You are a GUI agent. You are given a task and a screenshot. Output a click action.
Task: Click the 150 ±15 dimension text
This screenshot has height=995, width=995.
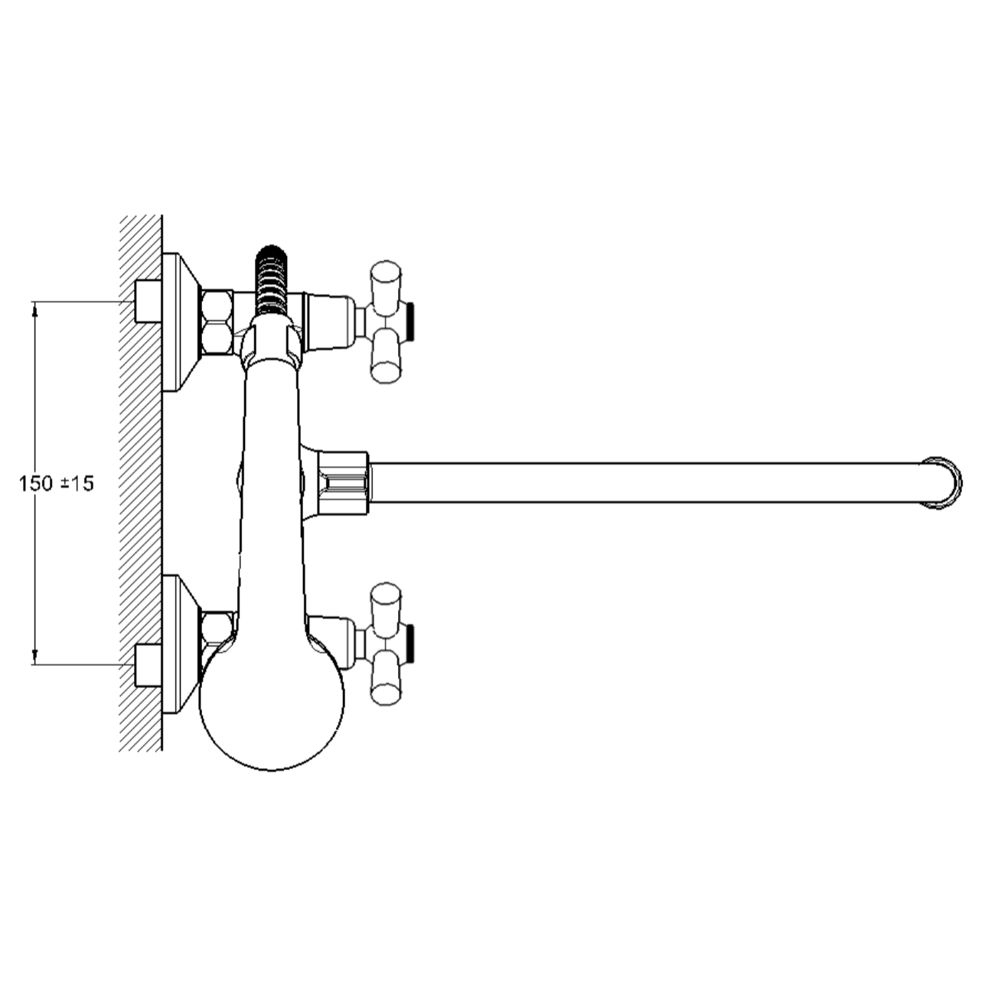(x=57, y=484)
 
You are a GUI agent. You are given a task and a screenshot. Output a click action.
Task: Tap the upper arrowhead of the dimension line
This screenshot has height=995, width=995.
(x=35, y=309)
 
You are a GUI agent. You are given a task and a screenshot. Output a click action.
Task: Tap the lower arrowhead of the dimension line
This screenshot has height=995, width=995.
(x=35, y=656)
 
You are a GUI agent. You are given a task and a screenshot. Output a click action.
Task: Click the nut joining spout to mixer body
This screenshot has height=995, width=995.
(x=344, y=483)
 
